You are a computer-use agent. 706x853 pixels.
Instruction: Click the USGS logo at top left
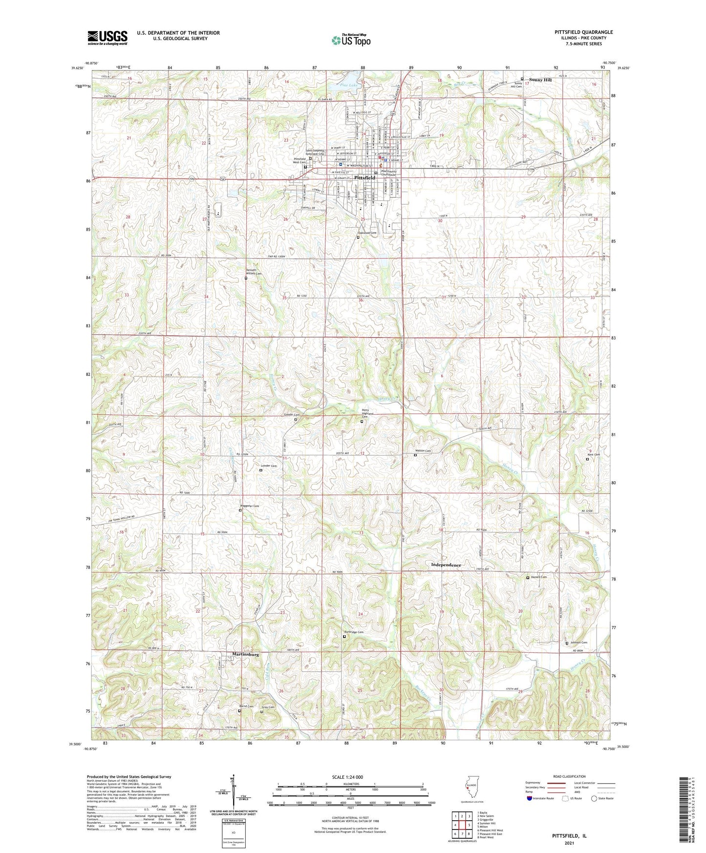click(x=107, y=38)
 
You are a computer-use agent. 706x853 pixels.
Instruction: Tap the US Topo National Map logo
click(x=351, y=40)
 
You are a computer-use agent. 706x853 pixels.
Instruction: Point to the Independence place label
click(x=446, y=565)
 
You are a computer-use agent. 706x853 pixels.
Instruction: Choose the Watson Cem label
click(x=423, y=451)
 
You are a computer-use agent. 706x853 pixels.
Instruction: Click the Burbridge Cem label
click(x=354, y=632)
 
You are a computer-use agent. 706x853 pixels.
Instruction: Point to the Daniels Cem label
click(x=538, y=577)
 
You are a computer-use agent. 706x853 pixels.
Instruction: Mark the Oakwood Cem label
click(x=367, y=234)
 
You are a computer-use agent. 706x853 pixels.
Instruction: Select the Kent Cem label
click(x=593, y=455)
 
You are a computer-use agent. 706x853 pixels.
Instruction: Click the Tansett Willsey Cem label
click(x=254, y=272)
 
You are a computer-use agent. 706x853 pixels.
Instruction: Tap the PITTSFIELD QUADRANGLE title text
click(x=583, y=32)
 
